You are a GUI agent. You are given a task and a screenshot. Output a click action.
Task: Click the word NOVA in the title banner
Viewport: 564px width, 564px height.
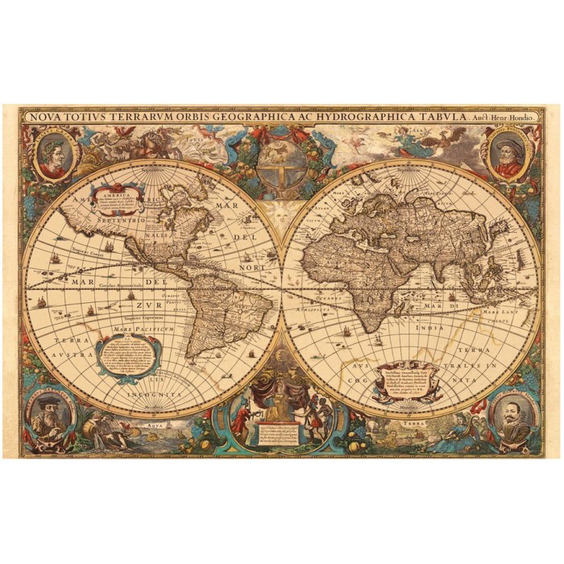pos(46,115)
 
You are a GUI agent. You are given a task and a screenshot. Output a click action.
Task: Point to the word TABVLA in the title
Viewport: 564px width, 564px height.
pos(454,115)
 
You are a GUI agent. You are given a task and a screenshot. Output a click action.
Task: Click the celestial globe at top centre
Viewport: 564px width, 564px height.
pos(282,172)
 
